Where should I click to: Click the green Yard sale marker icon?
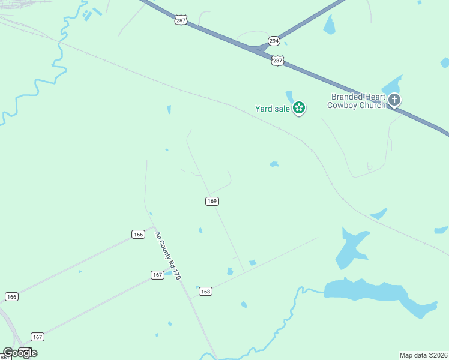click(x=299, y=108)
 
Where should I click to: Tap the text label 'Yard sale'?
click(x=273, y=109)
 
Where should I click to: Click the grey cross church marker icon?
click(x=394, y=100)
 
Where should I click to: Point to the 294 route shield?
click(x=274, y=41)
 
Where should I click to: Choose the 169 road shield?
click(x=211, y=201)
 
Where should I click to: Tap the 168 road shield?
click(x=205, y=291)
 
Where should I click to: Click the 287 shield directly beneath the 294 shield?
click(x=277, y=61)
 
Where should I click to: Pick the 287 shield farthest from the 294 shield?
click(x=181, y=20)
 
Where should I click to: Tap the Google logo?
click(x=20, y=353)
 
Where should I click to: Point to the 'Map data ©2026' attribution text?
click(x=423, y=355)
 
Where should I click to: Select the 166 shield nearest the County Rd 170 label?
click(x=139, y=234)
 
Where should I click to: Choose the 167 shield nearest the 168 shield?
click(x=157, y=275)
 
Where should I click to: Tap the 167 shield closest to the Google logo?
click(x=37, y=337)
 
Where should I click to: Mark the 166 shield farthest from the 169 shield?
click(x=11, y=296)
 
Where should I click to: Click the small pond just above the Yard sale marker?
click(x=289, y=96)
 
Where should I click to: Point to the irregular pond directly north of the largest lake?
click(x=350, y=247)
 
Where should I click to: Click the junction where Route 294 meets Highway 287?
click(x=259, y=48)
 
